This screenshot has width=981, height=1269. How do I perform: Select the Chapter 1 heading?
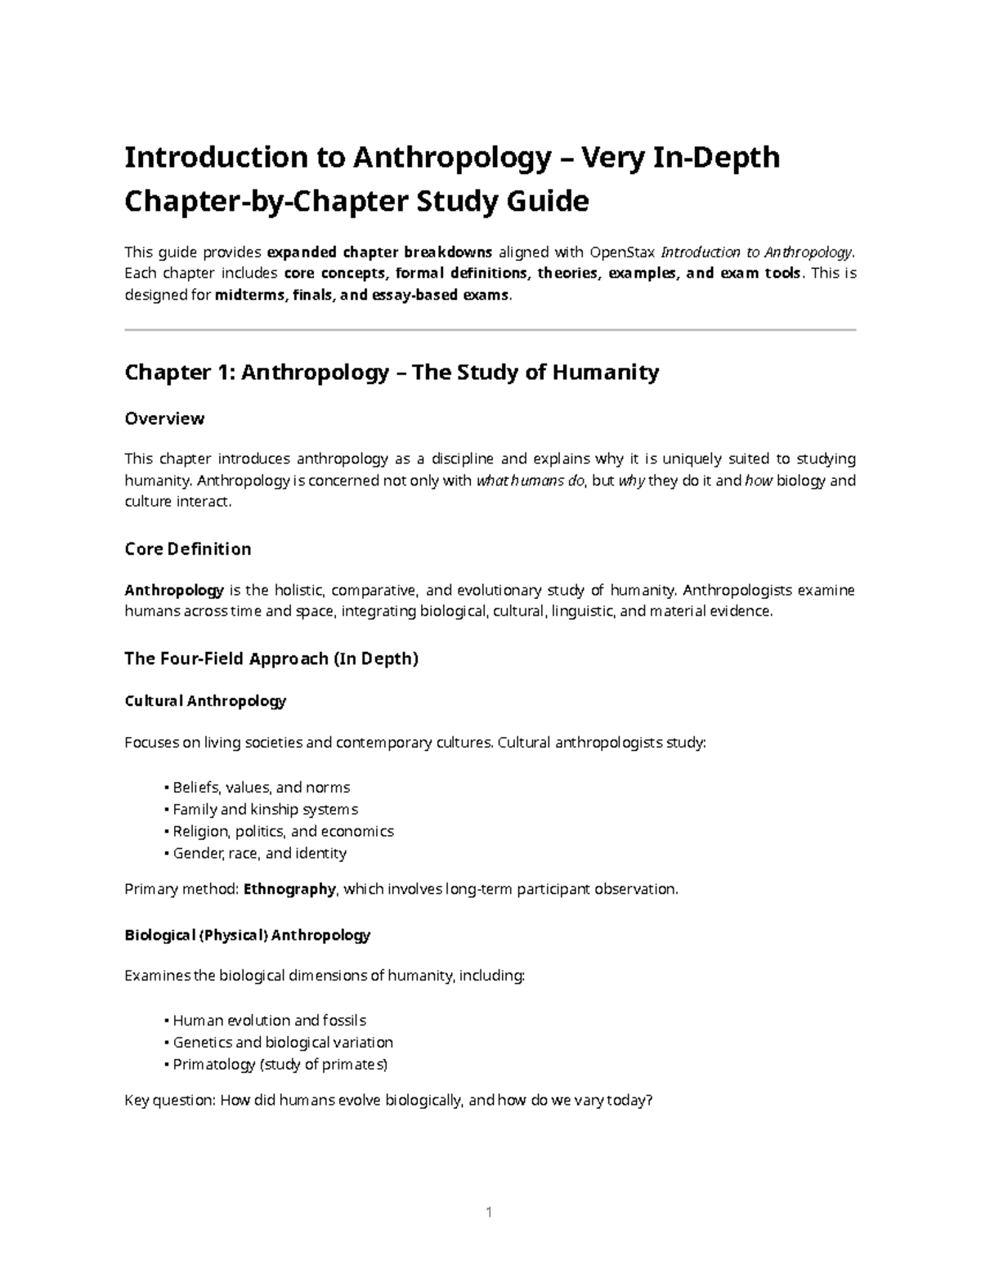click(x=391, y=373)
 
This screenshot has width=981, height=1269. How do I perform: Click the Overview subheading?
click(x=163, y=418)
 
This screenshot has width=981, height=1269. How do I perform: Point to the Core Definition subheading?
click(x=187, y=549)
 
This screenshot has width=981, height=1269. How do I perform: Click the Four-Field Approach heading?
click(x=271, y=659)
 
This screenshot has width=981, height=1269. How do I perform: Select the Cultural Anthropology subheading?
click(x=204, y=701)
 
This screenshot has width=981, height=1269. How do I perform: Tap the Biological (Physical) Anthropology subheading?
click(x=247, y=935)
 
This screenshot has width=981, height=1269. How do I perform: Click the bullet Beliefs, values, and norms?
click(x=261, y=788)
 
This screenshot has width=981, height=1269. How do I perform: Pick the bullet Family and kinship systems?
click(x=265, y=810)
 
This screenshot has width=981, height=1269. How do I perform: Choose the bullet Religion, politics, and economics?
click(x=283, y=831)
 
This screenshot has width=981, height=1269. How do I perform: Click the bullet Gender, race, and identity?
click(x=259, y=853)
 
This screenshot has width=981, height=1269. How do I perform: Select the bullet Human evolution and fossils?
click(x=269, y=1021)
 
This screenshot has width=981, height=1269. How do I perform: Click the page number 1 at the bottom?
click(x=489, y=1212)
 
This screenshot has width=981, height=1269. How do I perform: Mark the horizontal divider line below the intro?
click(x=490, y=330)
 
